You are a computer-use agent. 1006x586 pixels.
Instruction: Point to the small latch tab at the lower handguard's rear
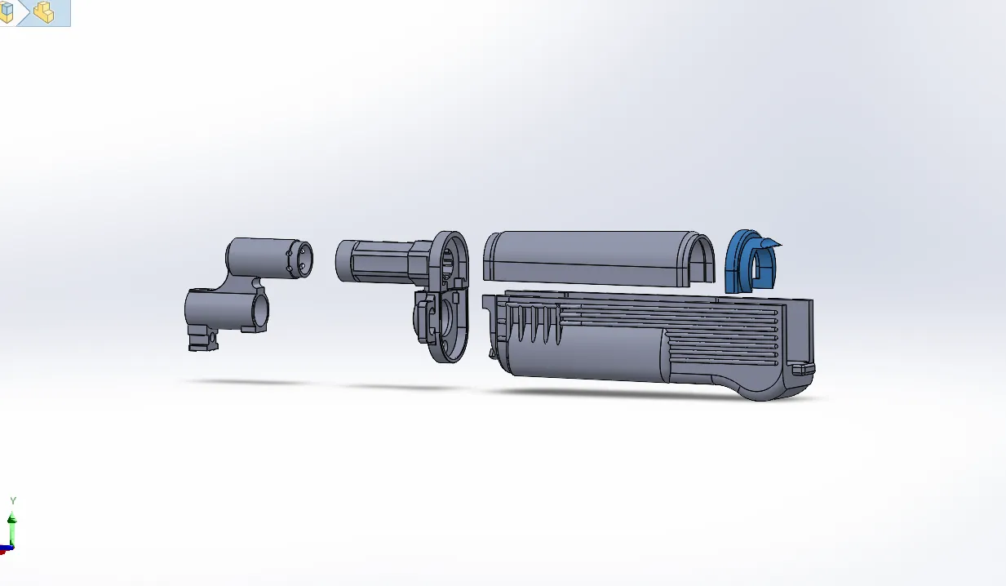[803, 369]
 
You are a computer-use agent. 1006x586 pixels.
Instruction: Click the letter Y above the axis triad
[12, 501]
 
